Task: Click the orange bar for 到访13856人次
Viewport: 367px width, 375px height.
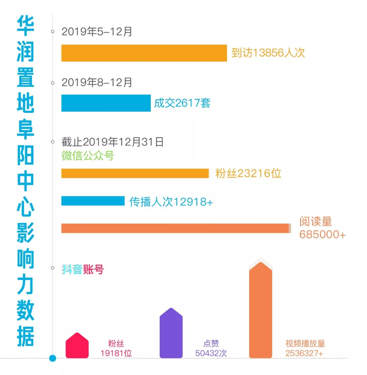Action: [144, 53]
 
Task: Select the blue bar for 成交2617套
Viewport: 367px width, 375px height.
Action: [106, 103]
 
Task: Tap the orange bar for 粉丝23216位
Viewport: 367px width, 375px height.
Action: [135, 173]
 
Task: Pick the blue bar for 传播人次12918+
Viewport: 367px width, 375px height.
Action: [93, 201]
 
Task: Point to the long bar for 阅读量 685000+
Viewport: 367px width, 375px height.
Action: [175, 228]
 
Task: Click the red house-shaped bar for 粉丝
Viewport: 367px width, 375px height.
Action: [77, 346]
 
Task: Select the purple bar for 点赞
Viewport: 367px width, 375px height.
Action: [171, 335]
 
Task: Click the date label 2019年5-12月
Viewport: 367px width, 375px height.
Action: [97, 32]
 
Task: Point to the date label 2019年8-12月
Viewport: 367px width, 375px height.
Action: [97, 83]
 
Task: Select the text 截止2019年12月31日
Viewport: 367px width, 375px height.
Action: [112, 142]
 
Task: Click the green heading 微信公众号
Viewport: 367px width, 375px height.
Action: [88, 156]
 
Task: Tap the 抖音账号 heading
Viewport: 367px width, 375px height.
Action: [83, 270]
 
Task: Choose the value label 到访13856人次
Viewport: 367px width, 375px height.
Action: [268, 53]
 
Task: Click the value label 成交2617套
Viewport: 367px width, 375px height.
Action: [182, 103]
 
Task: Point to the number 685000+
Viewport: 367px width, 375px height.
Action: [322, 235]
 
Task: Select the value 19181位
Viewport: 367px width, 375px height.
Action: [116, 353]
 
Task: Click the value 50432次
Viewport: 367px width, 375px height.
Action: [211, 353]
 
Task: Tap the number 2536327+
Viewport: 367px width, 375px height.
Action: [304, 353]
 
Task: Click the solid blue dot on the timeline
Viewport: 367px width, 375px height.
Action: [52, 358]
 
